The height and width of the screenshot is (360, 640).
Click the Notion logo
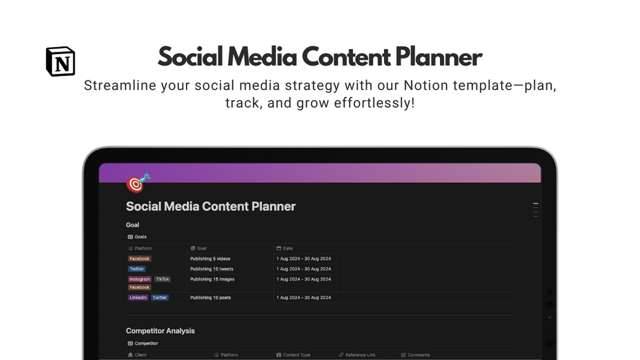tap(60, 61)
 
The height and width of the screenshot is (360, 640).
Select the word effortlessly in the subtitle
tap(373, 103)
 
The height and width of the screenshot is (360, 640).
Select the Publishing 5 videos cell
tap(210, 259)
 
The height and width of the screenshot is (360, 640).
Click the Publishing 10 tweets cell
tap(212, 269)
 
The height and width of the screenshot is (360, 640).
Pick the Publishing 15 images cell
tap(212, 279)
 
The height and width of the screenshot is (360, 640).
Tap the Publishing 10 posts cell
tap(211, 298)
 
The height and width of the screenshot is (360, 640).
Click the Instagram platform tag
tap(139, 279)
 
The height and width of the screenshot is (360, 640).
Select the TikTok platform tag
tap(162, 279)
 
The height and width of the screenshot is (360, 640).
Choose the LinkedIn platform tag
tap(138, 298)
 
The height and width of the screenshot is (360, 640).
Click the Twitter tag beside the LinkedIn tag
tap(160, 298)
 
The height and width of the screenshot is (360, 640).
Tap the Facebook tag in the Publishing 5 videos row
tap(139, 259)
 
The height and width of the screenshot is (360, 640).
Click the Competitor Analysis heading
tap(160, 331)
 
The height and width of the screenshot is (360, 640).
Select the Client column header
tap(137, 355)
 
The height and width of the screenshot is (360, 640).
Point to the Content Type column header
tap(293, 355)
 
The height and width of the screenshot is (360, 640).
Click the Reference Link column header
tap(357, 355)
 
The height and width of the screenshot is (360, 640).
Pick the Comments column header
tap(415, 355)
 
